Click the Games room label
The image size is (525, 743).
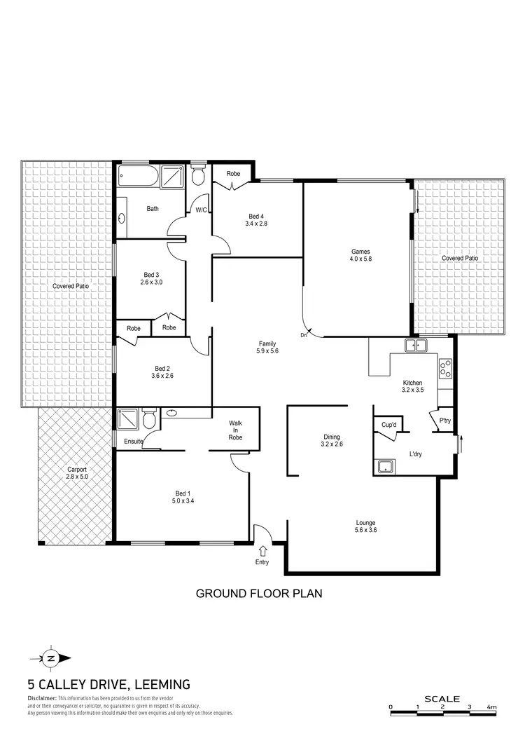360,255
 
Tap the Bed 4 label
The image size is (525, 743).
256,219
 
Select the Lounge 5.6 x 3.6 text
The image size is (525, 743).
365,526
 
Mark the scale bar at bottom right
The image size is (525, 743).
442,714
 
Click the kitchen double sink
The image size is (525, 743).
416,345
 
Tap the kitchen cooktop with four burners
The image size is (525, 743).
445,369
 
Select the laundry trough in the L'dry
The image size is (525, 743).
384,466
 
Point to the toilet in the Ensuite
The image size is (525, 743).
148,419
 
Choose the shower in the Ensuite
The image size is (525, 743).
128,419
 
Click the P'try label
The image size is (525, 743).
444,421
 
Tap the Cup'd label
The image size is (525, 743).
389,425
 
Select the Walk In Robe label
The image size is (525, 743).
235,430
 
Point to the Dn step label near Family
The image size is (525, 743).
304,336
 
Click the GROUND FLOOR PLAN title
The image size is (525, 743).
258,594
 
